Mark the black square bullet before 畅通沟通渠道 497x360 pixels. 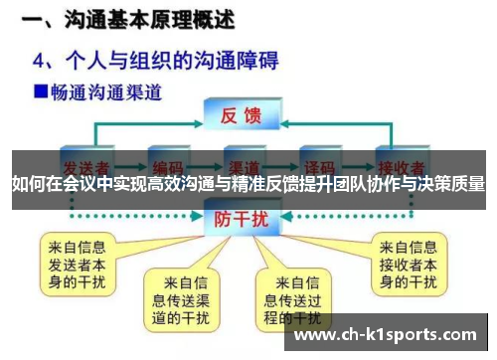[x=40, y=91]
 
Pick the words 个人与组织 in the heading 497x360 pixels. [x=129, y=60]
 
